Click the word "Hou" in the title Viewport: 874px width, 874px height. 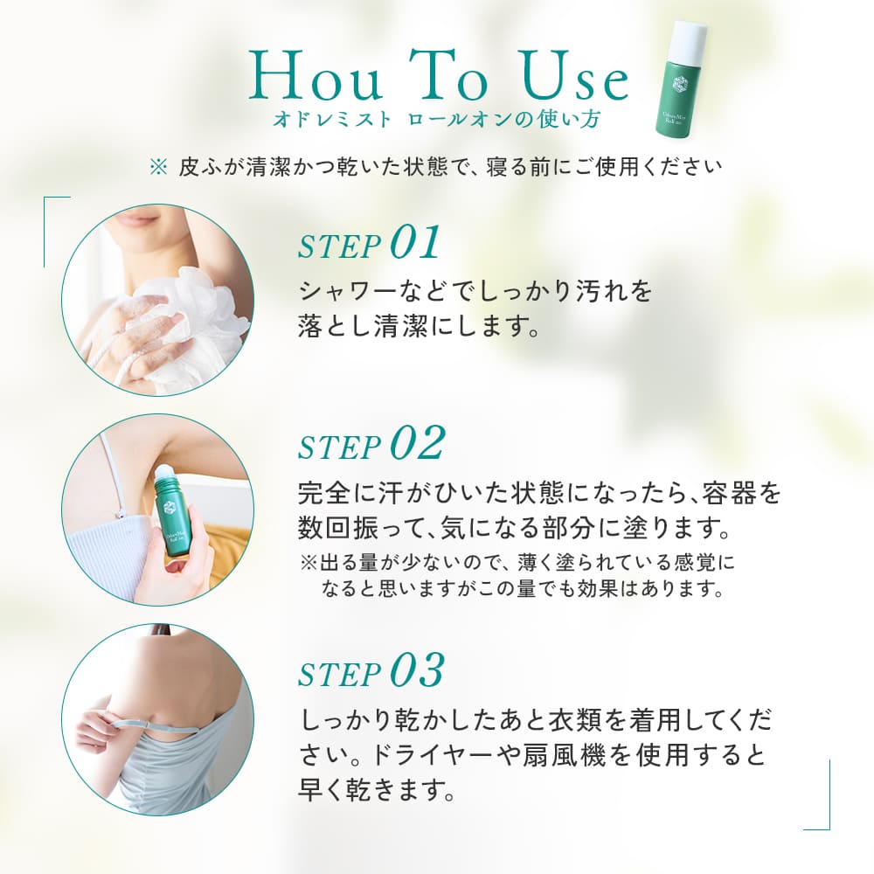[316, 76]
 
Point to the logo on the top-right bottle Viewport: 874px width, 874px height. [679, 87]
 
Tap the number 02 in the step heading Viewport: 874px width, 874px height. [418, 442]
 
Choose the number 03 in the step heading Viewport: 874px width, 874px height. [417, 669]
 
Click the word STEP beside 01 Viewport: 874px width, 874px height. [339, 247]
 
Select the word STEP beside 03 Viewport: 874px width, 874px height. [339, 674]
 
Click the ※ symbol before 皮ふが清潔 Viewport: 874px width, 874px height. [158, 167]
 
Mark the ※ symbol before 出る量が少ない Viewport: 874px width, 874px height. [309, 562]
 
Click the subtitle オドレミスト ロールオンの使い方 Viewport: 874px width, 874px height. [436, 120]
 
